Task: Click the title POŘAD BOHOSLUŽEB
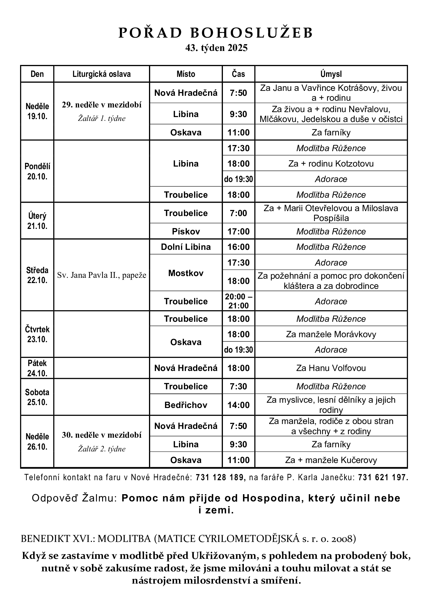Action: (x=216, y=33)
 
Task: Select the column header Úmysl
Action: (x=331, y=74)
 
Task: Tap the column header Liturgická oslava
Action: (x=102, y=74)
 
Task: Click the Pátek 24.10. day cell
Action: (x=37, y=368)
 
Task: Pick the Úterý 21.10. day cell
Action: (x=37, y=221)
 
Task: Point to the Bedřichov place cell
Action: (x=186, y=405)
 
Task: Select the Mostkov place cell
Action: (x=186, y=273)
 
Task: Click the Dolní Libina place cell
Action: (x=186, y=247)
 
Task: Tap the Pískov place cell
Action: (x=186, y=232)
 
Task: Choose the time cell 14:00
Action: (x=238, y=405)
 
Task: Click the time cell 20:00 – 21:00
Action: (x=238, y=301)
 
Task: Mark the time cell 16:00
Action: (x=238, y=247)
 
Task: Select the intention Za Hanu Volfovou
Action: (x=331, y=368)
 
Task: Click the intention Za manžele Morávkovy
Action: (x=331, y=334)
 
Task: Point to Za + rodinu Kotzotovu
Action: (x=331, y=163)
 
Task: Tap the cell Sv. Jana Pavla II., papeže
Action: (x=102, y=275)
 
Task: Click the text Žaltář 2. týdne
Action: (x=102, y=449)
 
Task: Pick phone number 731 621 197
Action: (x=383, y=477)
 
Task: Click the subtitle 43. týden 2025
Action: (x=216, y=48)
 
